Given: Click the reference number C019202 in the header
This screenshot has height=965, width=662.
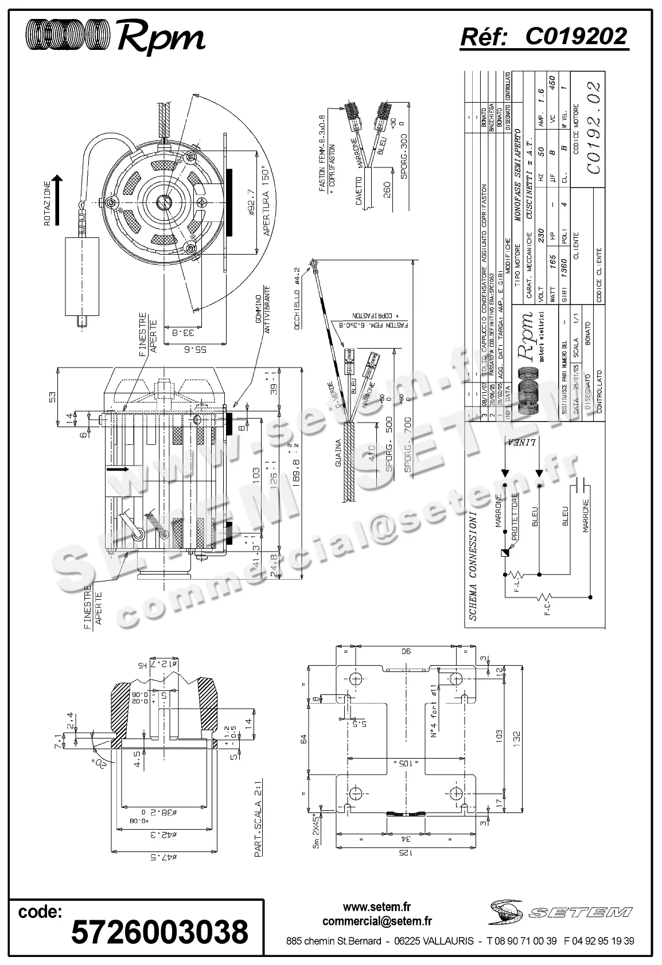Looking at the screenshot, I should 576,37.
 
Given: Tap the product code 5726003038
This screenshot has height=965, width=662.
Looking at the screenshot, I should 159,931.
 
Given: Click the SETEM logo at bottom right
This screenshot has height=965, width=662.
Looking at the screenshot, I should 561,911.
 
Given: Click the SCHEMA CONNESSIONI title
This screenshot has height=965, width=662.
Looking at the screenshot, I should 473,565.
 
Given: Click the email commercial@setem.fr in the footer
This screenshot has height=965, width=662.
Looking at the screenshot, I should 377,921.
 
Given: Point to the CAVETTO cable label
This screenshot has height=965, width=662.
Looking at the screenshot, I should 359,191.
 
